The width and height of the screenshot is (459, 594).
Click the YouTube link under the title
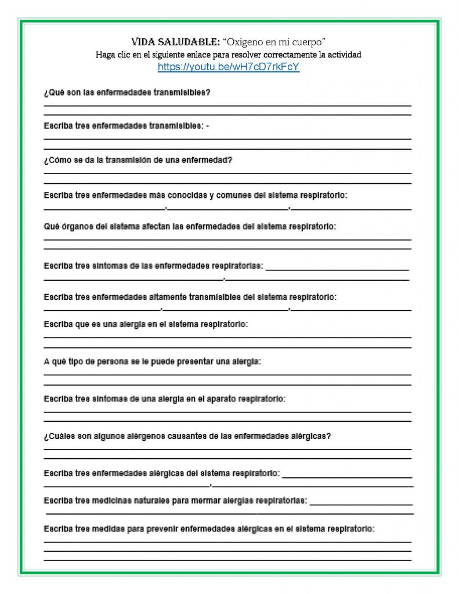tap(229, 67)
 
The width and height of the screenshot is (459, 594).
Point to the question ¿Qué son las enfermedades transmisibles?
tap(127, 93)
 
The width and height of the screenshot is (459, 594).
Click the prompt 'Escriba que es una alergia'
tap(146, 324)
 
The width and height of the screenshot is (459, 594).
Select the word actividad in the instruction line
tap(344, 55)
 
